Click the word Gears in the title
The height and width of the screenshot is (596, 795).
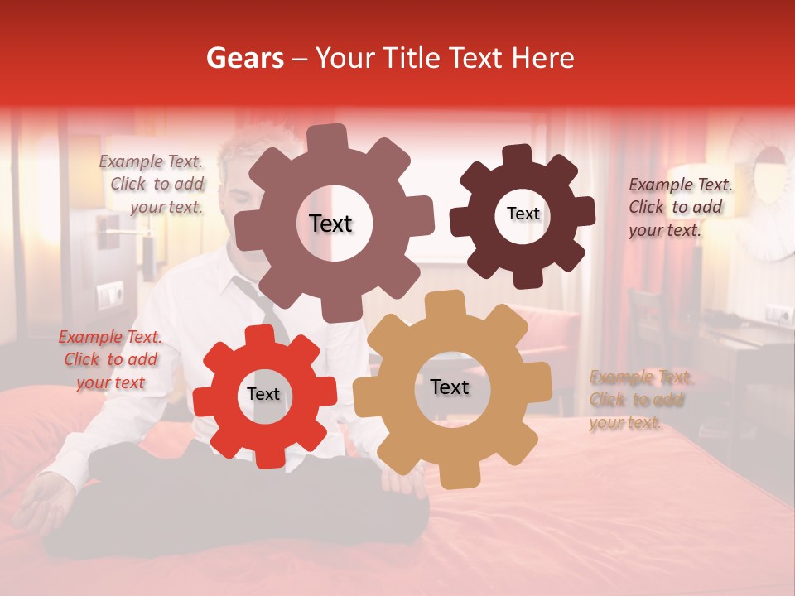(x=244, y=58)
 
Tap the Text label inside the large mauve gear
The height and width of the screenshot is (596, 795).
(x=330, y=223)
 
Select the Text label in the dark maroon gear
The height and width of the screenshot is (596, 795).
(x=523, y=214)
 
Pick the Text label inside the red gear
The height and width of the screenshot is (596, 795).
(x=263, y=394)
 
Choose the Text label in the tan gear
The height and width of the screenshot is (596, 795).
(x=450, y=387)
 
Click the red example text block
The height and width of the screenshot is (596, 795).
(x=110, y=359)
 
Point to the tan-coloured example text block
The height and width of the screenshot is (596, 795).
(x=640, y=400)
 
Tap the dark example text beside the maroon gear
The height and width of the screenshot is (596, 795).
(x=679, y=207)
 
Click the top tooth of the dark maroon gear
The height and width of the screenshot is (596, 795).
(x=518, y=155)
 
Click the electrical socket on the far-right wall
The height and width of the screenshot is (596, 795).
(x=778, y=315)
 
